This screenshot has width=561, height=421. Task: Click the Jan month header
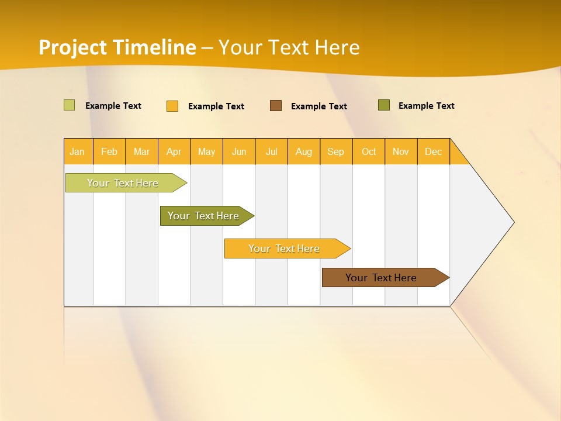pos(77,151)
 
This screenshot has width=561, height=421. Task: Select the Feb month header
pos(109,151)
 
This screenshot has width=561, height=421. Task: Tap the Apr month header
pos(174,151)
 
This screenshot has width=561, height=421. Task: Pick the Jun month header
pos(239,151)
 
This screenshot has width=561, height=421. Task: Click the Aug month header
pos(304,151)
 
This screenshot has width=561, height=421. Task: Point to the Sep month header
pos(336,151)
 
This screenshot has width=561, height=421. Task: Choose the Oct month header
pos(369,151)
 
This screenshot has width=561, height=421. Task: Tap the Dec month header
pos(434,151)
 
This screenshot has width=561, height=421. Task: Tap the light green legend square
pos(69,105)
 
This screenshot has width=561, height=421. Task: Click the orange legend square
pos(172,106)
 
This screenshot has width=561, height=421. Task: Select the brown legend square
pos(276,105)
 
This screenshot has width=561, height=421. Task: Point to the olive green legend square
pos(384,105)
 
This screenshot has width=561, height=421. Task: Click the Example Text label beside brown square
pos(319,106)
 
